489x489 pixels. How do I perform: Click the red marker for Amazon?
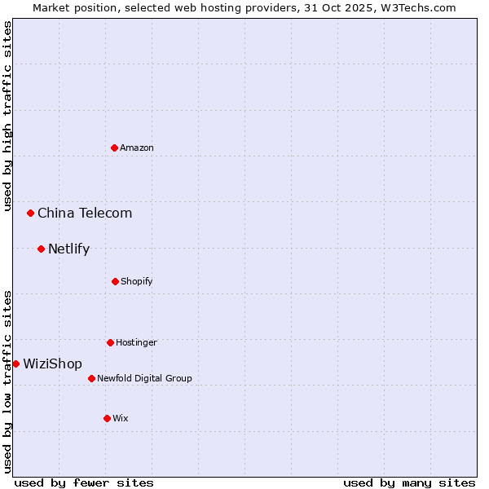click(x=115, y=148)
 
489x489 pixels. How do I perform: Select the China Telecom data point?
click(x=31, y=213)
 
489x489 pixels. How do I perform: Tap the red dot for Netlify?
click(x=41, y=249)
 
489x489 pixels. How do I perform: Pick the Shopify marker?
click(x=115, y=281)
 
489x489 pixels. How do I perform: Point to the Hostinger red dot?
click(x=110, y=342)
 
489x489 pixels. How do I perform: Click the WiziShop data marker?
click(x=15, y=363)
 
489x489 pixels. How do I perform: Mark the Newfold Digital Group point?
click(x=91, y=378)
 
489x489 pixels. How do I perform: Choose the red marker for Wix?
click(x=107, y=418)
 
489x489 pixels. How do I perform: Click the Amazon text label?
click(x=137, y=148)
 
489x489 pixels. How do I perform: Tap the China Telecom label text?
click(x=85, y=213)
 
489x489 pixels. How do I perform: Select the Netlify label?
click(x=68, y=249)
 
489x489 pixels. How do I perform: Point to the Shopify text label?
click(x=137, y=281)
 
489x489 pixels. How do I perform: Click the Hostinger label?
click(x=136, y=342)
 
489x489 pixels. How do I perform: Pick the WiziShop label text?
click(x=52, y=363)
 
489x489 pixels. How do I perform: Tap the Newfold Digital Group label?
click(x=144, y=378)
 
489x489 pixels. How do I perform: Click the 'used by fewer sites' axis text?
click(x=84, y=482)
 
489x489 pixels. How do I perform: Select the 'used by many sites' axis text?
click(x=409, y=482)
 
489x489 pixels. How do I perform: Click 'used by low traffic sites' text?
click(x=7, y=381)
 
